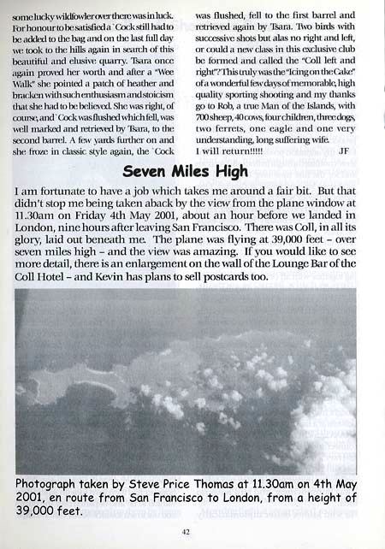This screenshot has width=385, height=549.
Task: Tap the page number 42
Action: pyautogui.click(x=186, y=530)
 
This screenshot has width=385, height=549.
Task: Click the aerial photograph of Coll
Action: pyautogui.click(x=186, y=381)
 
